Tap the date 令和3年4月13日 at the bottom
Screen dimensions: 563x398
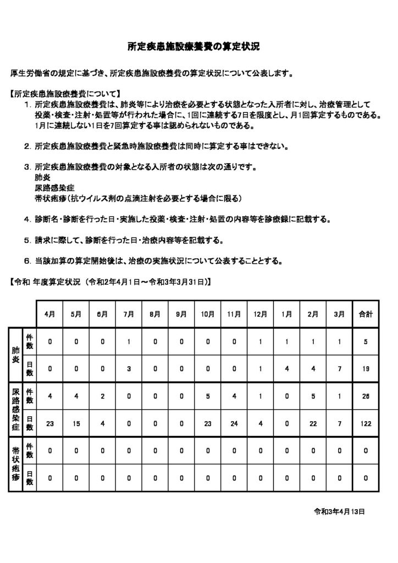(339, 511)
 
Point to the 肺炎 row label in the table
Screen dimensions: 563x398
(16, 355)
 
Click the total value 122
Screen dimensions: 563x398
(366, 423)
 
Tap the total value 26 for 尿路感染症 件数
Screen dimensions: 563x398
(366, 396)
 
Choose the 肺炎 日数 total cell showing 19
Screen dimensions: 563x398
(366, 369)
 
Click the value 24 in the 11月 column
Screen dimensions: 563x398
(234, 423)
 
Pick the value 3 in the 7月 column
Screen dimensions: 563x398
(129, 369)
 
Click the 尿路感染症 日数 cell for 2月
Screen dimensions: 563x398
(313, 423)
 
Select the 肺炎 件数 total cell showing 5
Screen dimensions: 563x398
(366, 341)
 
